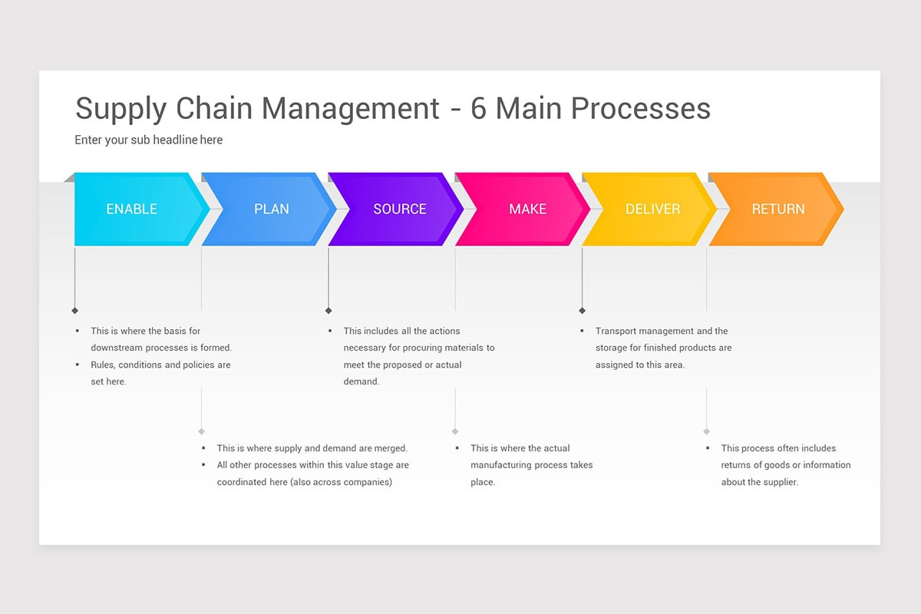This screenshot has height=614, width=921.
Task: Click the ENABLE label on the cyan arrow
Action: click(x=131, y=209)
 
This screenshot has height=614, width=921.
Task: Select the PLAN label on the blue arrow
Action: click(x=272, y=209)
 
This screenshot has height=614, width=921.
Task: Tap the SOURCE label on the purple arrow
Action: click(x=399, y=209)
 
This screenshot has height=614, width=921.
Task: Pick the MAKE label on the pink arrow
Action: click(x=527, y=209)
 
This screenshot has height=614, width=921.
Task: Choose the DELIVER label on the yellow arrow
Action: click(x=652, y=209)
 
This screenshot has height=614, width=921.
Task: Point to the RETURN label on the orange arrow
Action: click(x=777, y=209)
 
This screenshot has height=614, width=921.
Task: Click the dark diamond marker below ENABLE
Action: click(x=74, y=311)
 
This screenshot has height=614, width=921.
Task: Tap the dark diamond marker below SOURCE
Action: click(x=328, y=311)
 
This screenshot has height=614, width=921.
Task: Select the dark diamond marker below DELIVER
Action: click(x=582, y=311)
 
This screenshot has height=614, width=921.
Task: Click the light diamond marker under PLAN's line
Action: click(x=201, y=431)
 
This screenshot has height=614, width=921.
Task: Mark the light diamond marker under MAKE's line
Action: click(x=455, y=431)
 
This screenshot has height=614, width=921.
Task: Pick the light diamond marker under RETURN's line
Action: click(x=706, y=431)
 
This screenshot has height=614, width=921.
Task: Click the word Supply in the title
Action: click(x=121, y=109)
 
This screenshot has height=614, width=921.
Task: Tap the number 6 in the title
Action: click(x=478, y=108)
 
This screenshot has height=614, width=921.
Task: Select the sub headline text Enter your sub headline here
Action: click(x=148, y=140)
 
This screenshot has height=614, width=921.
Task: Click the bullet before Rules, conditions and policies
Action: click(x=78, y=365)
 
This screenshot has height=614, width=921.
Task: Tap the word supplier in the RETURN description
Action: click(x=777, y=482)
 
